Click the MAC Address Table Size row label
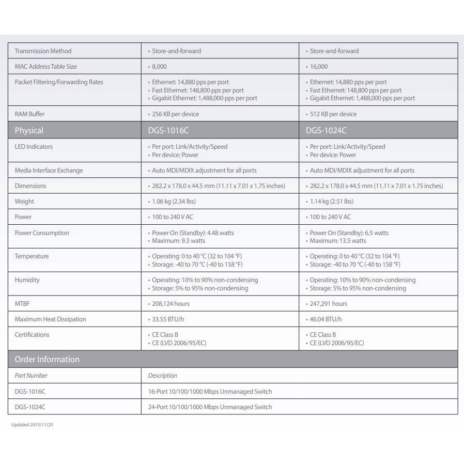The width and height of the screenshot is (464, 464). (45, 67)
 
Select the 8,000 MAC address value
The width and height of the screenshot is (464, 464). (159, 67)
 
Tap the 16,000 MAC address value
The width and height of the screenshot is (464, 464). (318, 67)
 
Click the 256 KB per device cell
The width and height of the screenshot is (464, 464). (175, 114)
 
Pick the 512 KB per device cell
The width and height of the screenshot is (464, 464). (333, 114)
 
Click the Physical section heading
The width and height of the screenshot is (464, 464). (29, 131)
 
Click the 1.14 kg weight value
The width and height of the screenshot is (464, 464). (331, 202)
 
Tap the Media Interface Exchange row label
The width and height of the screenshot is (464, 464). (49, 171)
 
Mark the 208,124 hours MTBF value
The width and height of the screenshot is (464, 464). (171, 304)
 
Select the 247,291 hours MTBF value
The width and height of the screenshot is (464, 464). (328, 304)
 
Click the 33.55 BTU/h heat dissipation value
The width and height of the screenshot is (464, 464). (168, 319)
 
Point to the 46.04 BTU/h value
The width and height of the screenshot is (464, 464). (326, 319)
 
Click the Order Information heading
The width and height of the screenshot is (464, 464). (47, 360)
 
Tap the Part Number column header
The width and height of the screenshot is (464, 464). (31, 376)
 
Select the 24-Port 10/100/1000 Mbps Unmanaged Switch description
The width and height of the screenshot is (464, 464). (210, 407)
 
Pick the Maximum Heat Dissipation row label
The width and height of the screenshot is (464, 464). (50, 319)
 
